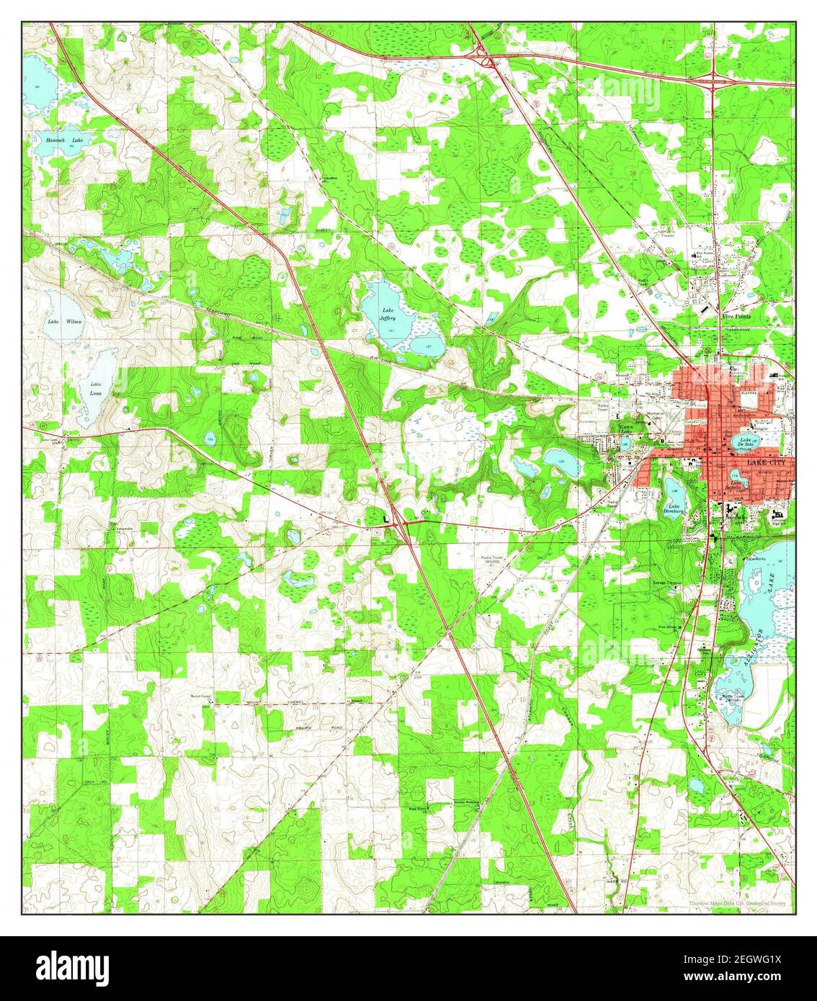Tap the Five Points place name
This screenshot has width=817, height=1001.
737,315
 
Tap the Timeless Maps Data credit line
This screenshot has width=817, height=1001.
737,902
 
